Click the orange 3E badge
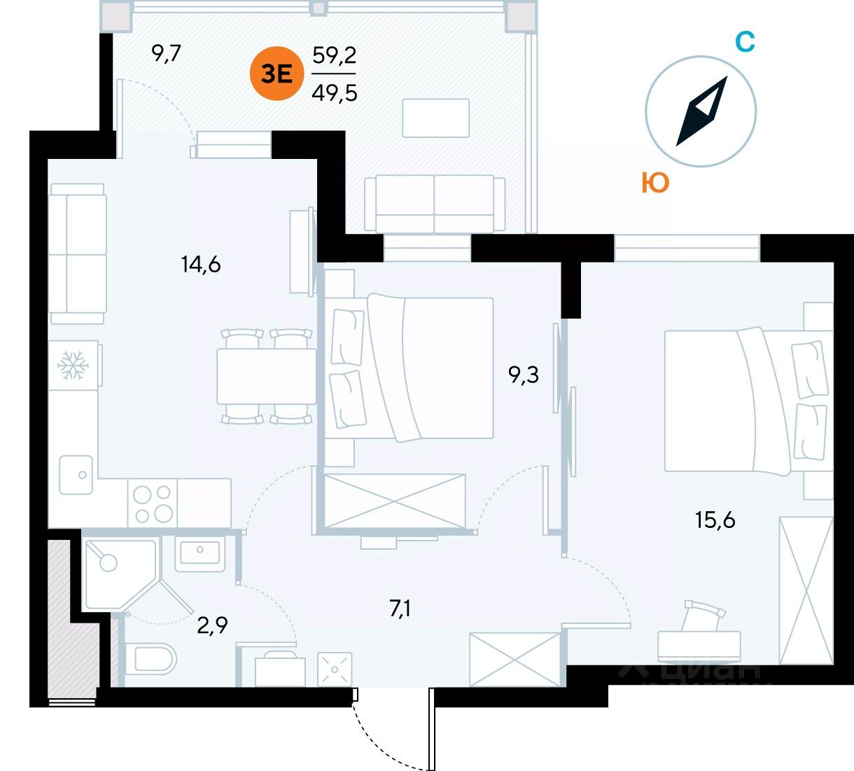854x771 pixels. pos(277,73)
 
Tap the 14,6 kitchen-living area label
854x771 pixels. pos(200,265)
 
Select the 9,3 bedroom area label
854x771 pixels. pos(524,375)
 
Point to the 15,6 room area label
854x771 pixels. pos(715,520)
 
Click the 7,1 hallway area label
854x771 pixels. pos(400,609)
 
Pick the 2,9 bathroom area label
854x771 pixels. pos(212,624)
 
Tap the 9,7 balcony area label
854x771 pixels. pos(167,53)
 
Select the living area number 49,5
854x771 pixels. pos(334,91)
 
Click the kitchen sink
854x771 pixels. pos(77,475)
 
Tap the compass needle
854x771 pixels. pos(701,111)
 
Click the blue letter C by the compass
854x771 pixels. pos(745,42)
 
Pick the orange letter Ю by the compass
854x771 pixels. pos(655,183)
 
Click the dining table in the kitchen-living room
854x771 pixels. pos(267,375)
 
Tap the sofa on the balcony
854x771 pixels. pos(435,204)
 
